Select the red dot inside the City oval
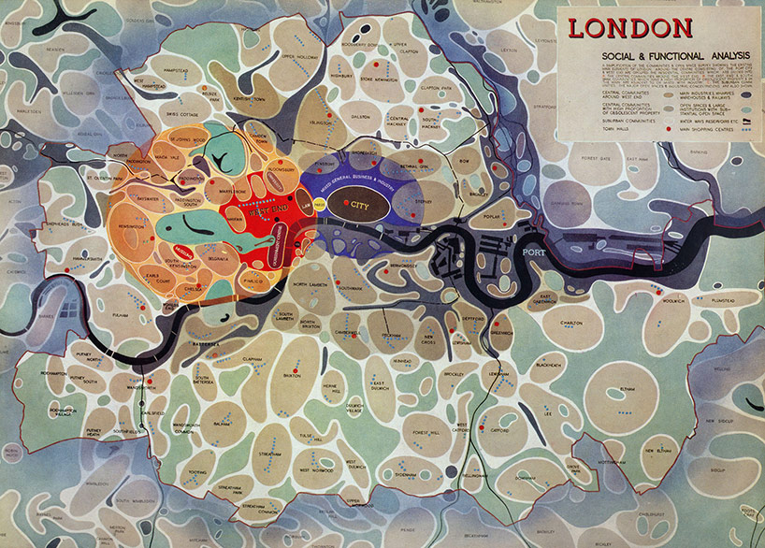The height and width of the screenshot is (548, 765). (347, 203)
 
